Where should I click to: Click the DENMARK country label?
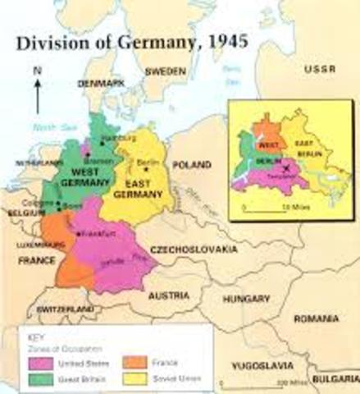102,84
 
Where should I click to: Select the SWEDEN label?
166,71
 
